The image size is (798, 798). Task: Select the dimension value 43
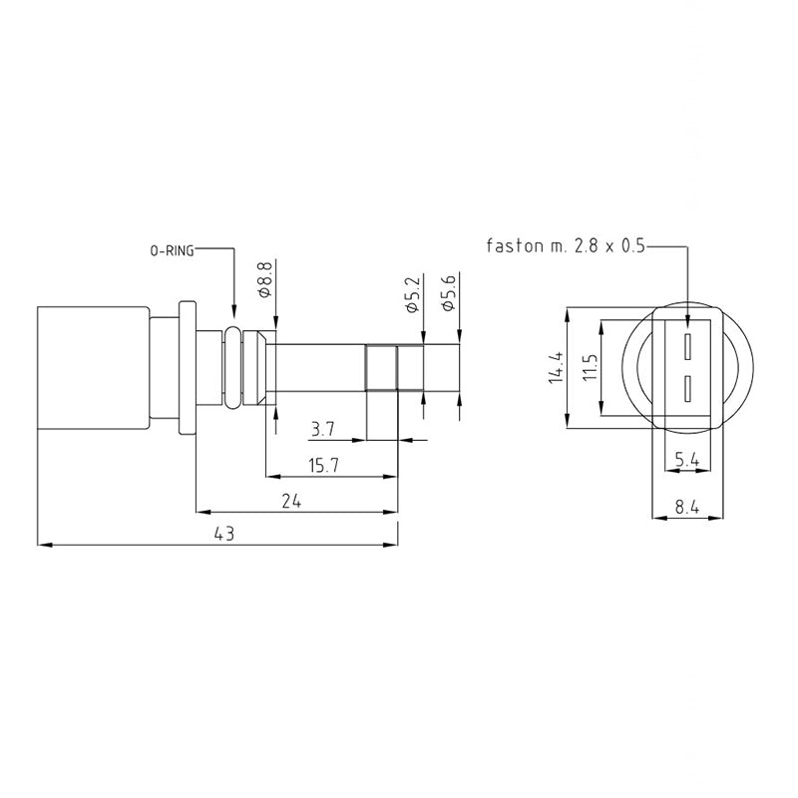point(223,534)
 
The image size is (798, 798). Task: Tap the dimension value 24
point(291,501)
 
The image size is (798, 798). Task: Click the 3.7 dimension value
point(322,429)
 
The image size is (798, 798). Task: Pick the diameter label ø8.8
point(264,282)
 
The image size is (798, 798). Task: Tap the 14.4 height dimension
point(557,368)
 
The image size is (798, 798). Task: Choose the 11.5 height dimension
point(592,368)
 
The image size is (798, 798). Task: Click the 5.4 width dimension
point(686,460)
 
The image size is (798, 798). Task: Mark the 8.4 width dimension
point(686,507)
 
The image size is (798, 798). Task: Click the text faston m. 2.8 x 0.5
point(566,245)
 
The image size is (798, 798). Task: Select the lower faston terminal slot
point(687,386)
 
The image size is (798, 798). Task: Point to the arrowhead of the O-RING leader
point(233,313)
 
